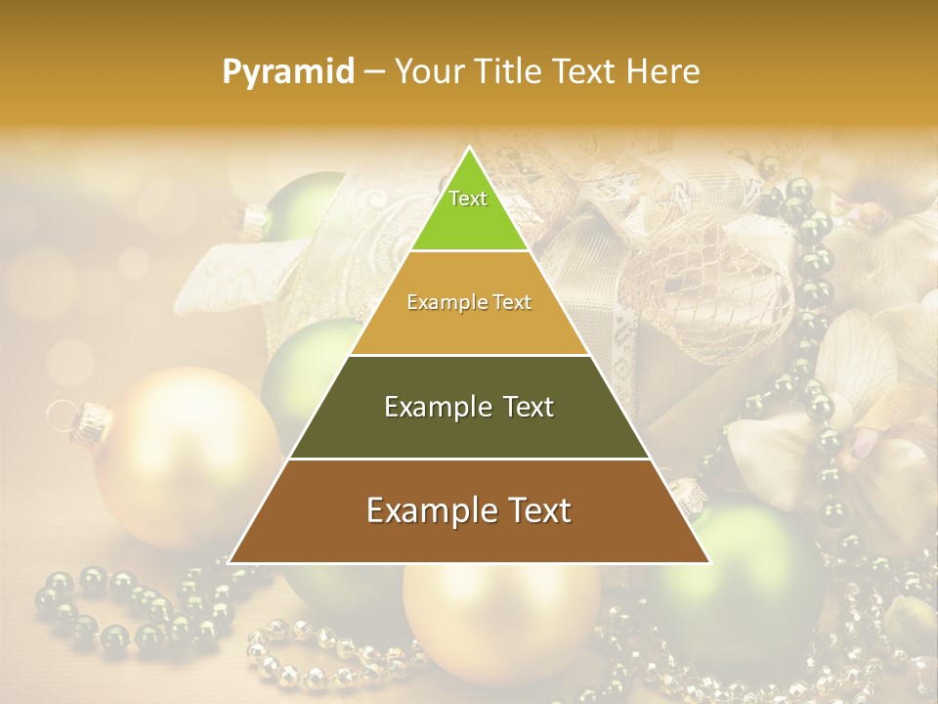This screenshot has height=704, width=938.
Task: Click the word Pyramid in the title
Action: [x=288, y=72]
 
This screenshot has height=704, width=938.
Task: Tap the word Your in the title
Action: [x=429, y=71]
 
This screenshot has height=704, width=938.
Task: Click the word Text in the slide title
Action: [x=585, y=71]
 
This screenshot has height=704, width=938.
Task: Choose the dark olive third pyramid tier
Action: [x=469, y=430]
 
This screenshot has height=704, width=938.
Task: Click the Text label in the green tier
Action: [x=468, y=198]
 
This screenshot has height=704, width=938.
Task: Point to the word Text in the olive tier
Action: [x=523, y=407]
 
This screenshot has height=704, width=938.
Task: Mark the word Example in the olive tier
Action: [x=436, y=407]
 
